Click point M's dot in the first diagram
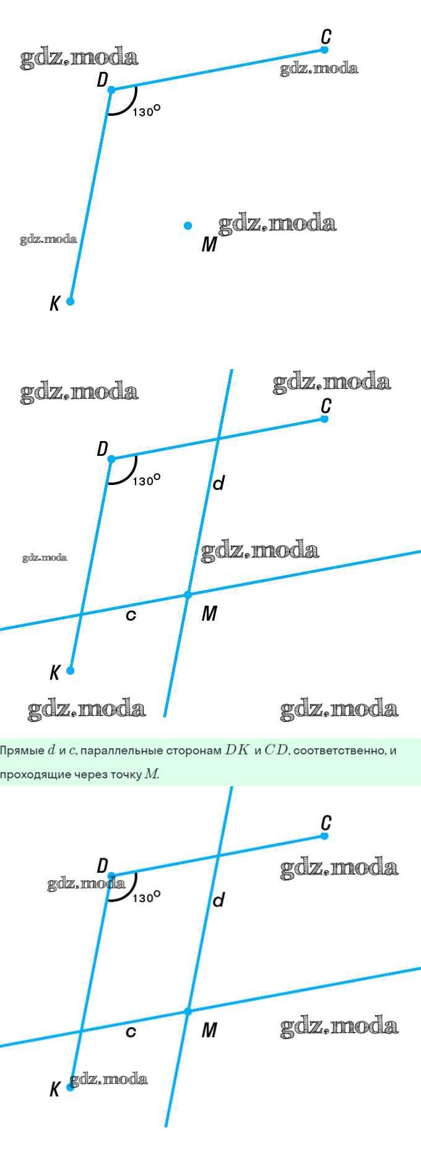coord(188,226)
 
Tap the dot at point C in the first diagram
coord(324,50)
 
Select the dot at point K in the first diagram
coord(70,301)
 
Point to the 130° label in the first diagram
coord(146,111)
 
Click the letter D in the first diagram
coord(102,80)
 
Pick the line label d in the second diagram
coord(218,483)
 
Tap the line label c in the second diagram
coord(131,616)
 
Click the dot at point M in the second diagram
coord(188,595)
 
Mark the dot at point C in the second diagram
coord(324,419)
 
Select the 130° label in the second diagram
coord(146,480)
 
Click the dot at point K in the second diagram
coord(70,670)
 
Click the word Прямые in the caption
coord(22,751)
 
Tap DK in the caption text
coord(237,750)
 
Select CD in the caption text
coord(276,750)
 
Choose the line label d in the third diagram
coord(218,899)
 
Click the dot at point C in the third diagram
coord(324,836)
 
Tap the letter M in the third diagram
coord(209,1030)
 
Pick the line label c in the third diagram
coord(131,1033)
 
